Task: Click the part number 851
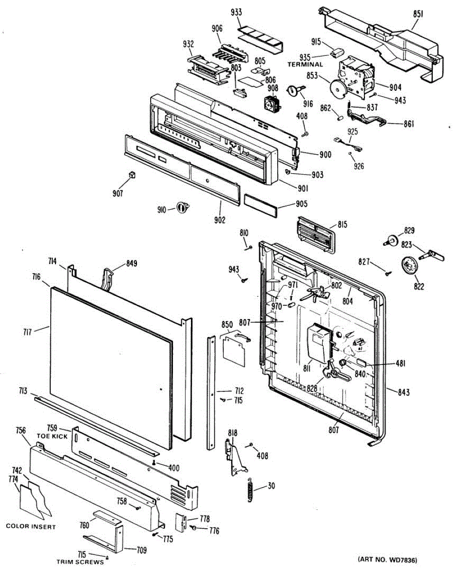418,14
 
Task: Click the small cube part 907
132,175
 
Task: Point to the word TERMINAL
305,64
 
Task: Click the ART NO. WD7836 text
387,559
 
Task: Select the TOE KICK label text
52,436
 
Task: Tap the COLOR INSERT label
31,526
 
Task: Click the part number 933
236,12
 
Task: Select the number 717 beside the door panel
27,332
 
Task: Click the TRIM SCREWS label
80,562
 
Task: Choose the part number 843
404,392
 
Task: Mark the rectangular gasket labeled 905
261,206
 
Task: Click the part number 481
400,364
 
